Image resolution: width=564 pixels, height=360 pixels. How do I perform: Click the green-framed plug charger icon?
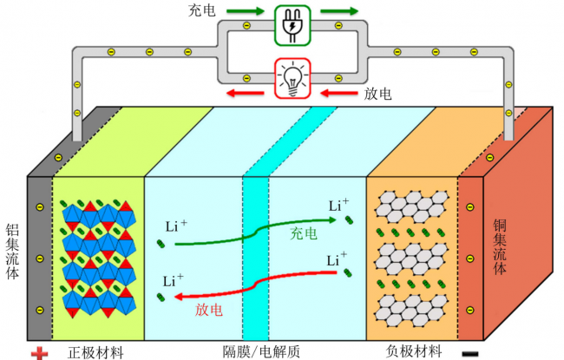(x=292, y=25)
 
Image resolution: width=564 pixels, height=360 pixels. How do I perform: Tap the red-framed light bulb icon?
(x=292, y=78)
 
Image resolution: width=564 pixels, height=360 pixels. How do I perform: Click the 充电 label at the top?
(x=202, y=10)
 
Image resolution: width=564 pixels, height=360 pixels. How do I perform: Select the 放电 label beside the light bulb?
(x=377, y=94)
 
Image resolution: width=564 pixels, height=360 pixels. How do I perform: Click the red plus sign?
(x=39, y=353)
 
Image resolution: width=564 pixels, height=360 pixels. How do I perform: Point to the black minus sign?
(x=470, y=354)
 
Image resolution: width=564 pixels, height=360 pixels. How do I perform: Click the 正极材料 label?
(x=95, y=353)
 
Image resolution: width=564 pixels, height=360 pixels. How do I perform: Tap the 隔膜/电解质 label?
(x=261, y=351)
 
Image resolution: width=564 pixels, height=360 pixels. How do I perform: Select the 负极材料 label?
(x=414, y=351)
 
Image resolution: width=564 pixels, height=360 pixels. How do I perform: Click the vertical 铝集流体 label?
(x=12, y=252)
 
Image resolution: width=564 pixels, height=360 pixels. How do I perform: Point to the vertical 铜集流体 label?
(x=500, y=247)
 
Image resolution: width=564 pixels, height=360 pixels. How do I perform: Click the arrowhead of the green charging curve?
(x=333, y=219)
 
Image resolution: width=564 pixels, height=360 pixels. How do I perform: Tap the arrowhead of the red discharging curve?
(x=179, y=297)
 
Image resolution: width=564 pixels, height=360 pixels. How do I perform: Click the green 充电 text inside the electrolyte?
(x=304, y=233)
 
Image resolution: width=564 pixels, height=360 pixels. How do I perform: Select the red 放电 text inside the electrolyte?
(x=209, y=310)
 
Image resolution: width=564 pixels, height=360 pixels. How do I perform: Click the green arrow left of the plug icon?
(x=246, y=11)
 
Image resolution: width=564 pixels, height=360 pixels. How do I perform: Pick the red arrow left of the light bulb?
(x=246, y=93)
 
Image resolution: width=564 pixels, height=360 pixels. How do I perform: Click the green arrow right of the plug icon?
(x=339, y=11)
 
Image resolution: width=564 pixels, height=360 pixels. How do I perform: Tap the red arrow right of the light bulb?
(x=338, y=93)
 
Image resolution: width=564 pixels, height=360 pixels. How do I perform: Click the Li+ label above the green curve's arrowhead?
(x=338, y=205)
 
